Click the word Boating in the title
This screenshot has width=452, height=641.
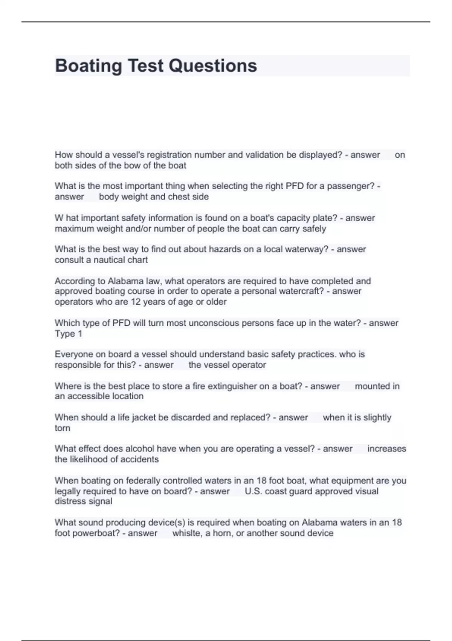point(89,66)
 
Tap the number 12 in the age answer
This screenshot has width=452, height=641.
point(135,302)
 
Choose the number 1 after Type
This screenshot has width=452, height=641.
point(79,334)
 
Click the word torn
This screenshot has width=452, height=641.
point(63,428)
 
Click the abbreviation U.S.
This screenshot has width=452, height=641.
point(253,491)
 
